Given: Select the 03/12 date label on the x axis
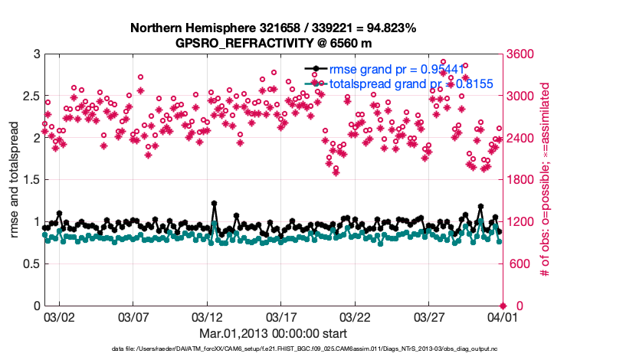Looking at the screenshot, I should (x=207, y=316).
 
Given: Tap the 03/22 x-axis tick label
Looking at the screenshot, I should (x=355, y=316).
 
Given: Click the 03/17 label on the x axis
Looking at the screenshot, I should (x=280, y=316).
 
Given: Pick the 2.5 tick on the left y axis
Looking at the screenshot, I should (x=29, y=97).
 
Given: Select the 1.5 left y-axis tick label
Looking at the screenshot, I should (x=29, y=180).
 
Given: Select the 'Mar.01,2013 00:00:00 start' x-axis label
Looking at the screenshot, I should (x=273, y=334).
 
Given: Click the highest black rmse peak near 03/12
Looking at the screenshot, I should (x=214, y=204).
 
